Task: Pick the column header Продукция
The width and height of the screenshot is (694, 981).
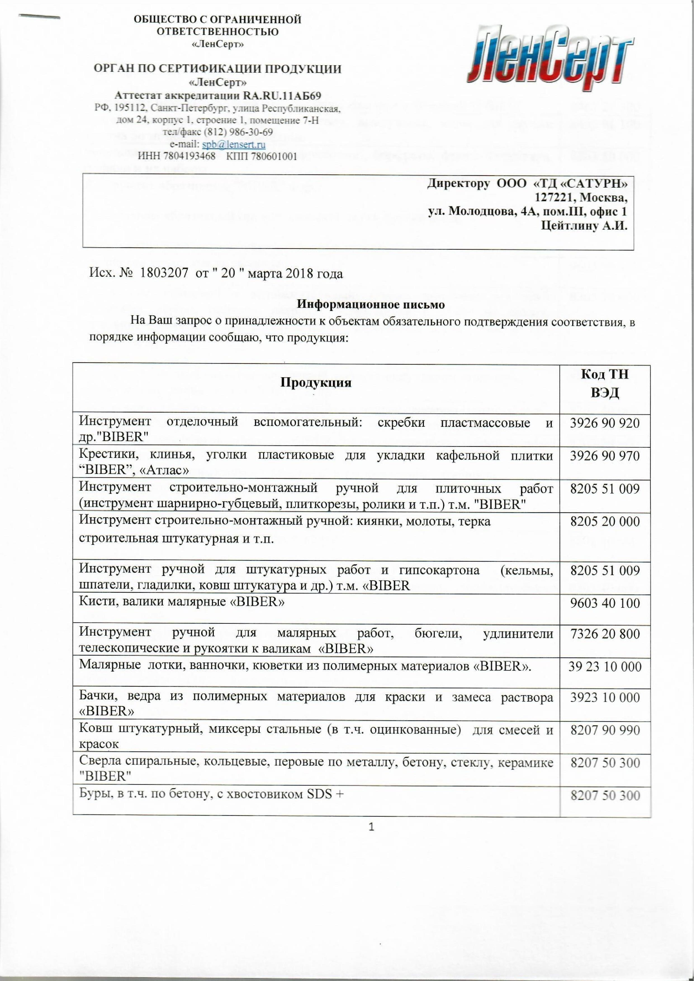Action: pyautogui.click(x=316, y=382)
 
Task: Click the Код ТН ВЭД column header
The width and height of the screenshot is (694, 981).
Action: pyautogui.click(x=604, y=383)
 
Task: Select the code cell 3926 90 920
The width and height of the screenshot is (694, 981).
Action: pyautogui.click(x=604, y=423)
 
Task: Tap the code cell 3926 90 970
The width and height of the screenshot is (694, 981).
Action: pyautogui.click(x=604, y=456)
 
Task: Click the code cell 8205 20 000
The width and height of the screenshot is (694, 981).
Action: pyautogui.click(x=604, y=522)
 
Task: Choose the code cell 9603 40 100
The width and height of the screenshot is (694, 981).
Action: pyautogui.click(x=604, y=603)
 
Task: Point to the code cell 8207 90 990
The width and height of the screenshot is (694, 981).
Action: pyautogui.click(x=605, y=730)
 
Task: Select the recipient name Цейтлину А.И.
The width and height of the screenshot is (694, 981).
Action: pyautogui.click(x=584, y=226)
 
